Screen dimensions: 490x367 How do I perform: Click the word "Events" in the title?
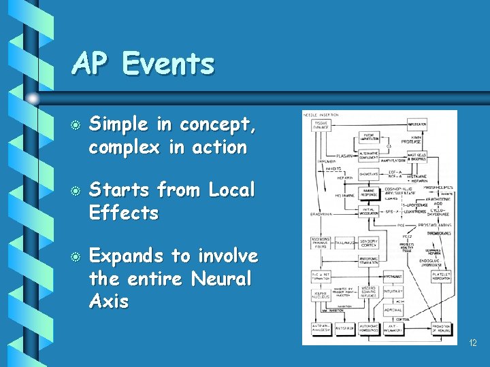point(169,65)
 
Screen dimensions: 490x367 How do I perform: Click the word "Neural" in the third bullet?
point(222,279)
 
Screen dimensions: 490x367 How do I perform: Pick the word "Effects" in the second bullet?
point(124,213)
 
